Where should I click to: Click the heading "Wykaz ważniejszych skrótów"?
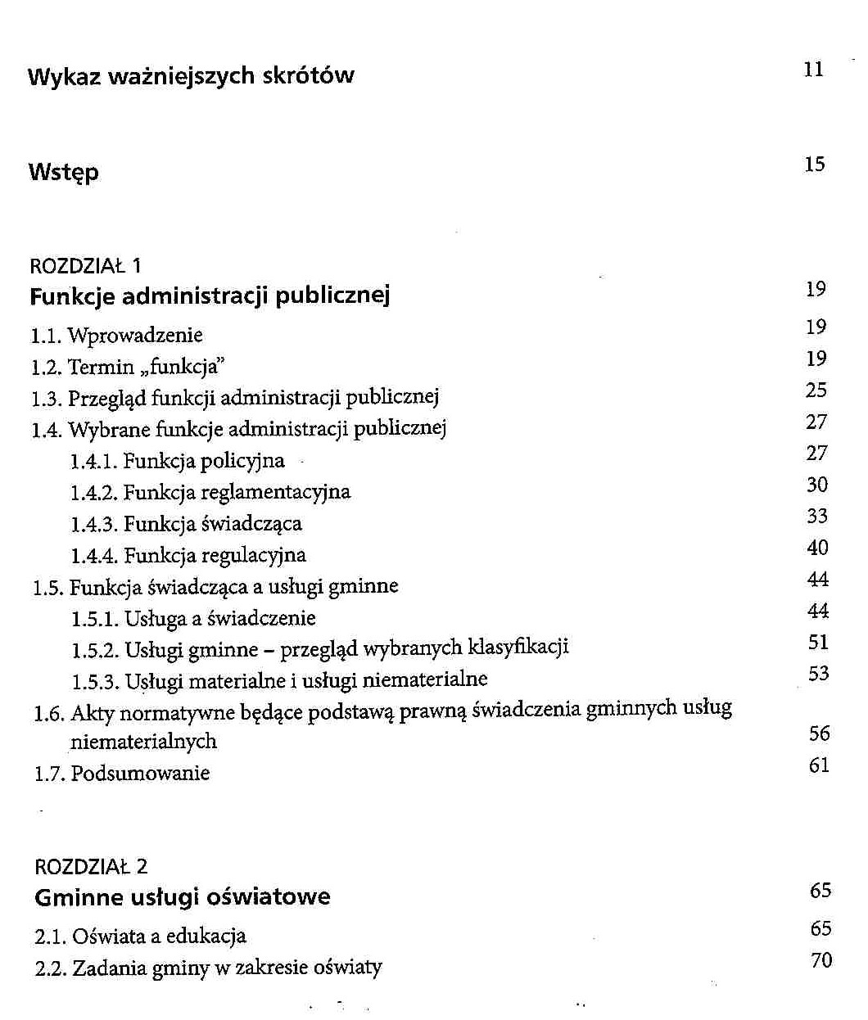(x=191, y=76)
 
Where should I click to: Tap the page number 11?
(x=813, y=70)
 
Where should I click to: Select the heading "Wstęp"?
(x=63, y=173)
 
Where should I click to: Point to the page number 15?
(x=814, y=165)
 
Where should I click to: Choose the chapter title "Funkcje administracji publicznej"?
(x=210, y=296)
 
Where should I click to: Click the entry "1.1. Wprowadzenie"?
(x=117, y=335)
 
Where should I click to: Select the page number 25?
(x=816, y=390)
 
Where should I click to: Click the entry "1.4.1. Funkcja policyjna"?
(x=178, y=461)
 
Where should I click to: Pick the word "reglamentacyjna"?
(x=287, y=493)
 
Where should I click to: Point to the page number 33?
(x=817, y=517)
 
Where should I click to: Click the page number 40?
(x=817, y=548)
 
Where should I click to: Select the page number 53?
(x=818, y=675)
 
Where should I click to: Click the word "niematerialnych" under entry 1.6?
(x=143, y=742)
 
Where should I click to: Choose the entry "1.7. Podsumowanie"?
(x=122, y=773)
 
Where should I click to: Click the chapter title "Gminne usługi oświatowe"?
(x=183, y=897)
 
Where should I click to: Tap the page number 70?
(x=821, y=960)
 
